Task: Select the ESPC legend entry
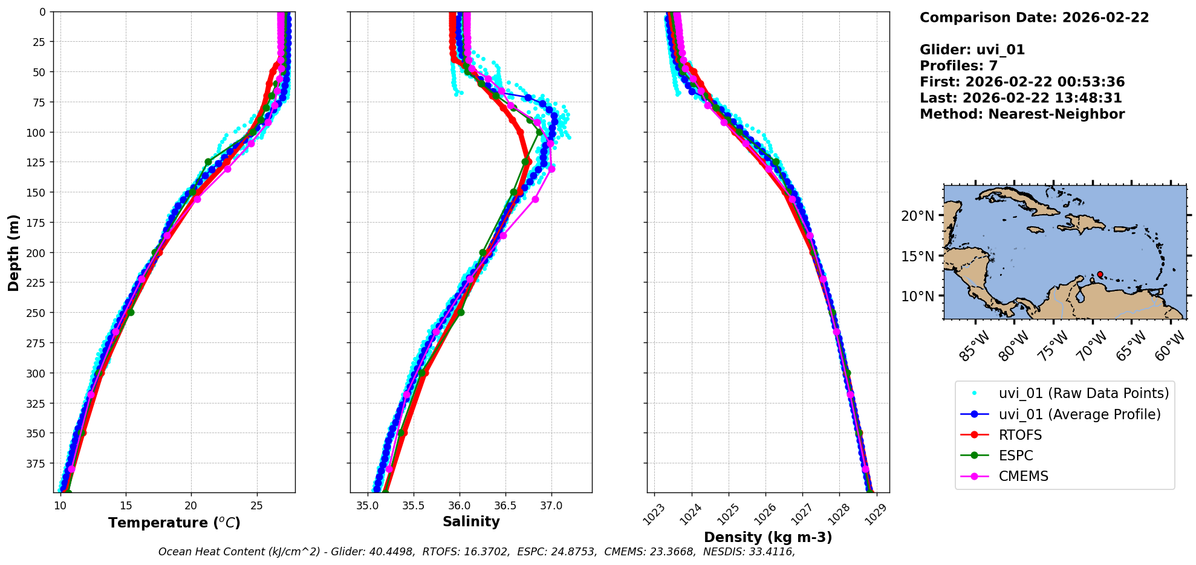[1016, 456]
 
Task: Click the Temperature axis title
[174, 523]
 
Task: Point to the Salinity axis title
[471, 521]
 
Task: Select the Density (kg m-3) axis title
[768, 537]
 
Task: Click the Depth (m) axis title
[13, 252]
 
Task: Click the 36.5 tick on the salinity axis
[505, 506]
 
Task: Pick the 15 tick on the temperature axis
[126, 506]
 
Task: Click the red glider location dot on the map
[1100, 274]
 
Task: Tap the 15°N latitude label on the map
[918, 256]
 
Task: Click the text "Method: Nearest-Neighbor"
[1022, 114]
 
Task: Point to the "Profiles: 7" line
[958, 66]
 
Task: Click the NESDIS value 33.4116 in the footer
[772, 552]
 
